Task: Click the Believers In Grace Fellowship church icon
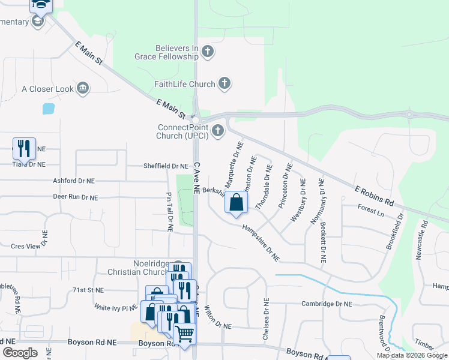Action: point(208,52)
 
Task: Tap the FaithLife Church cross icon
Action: point(224,84)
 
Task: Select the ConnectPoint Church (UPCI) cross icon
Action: point(217,130)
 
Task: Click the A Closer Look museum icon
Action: point(83,89)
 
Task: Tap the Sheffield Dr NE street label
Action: point(166,166)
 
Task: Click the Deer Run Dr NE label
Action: point(75,197)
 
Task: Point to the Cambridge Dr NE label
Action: point(327,304)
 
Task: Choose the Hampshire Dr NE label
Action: point(261,242)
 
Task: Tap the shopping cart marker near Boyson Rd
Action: point(185,334)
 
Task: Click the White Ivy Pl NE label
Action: point(116,307)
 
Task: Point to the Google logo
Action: point(20,353)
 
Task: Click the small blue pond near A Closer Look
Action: point(48,109)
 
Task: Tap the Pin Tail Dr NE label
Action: point(170,212)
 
